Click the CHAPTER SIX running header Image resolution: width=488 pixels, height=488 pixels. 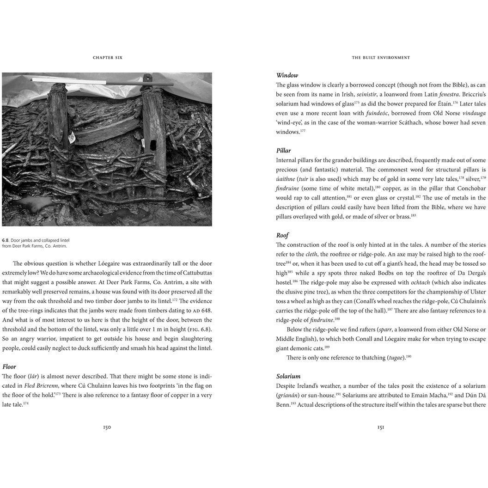click(107, 58)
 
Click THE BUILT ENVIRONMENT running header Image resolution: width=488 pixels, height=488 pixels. click(381, 58)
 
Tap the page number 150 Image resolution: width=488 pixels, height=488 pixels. click(107, 427)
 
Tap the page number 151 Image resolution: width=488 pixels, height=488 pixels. click(381, 427)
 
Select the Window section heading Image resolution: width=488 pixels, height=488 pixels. click(287, 75)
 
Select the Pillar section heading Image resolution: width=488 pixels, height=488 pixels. click(284, 151)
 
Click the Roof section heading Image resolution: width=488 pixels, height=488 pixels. click(282, 235)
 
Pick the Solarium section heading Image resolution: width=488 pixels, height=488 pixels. click(288, 376)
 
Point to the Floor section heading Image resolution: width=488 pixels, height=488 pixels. click(9, 366)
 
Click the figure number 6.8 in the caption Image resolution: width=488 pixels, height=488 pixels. click(5, 240)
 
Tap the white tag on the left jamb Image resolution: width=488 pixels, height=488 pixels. click(73, 137)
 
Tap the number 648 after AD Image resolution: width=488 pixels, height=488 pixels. click(207, 310)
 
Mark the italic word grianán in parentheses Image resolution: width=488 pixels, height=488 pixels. click(290, 395)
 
